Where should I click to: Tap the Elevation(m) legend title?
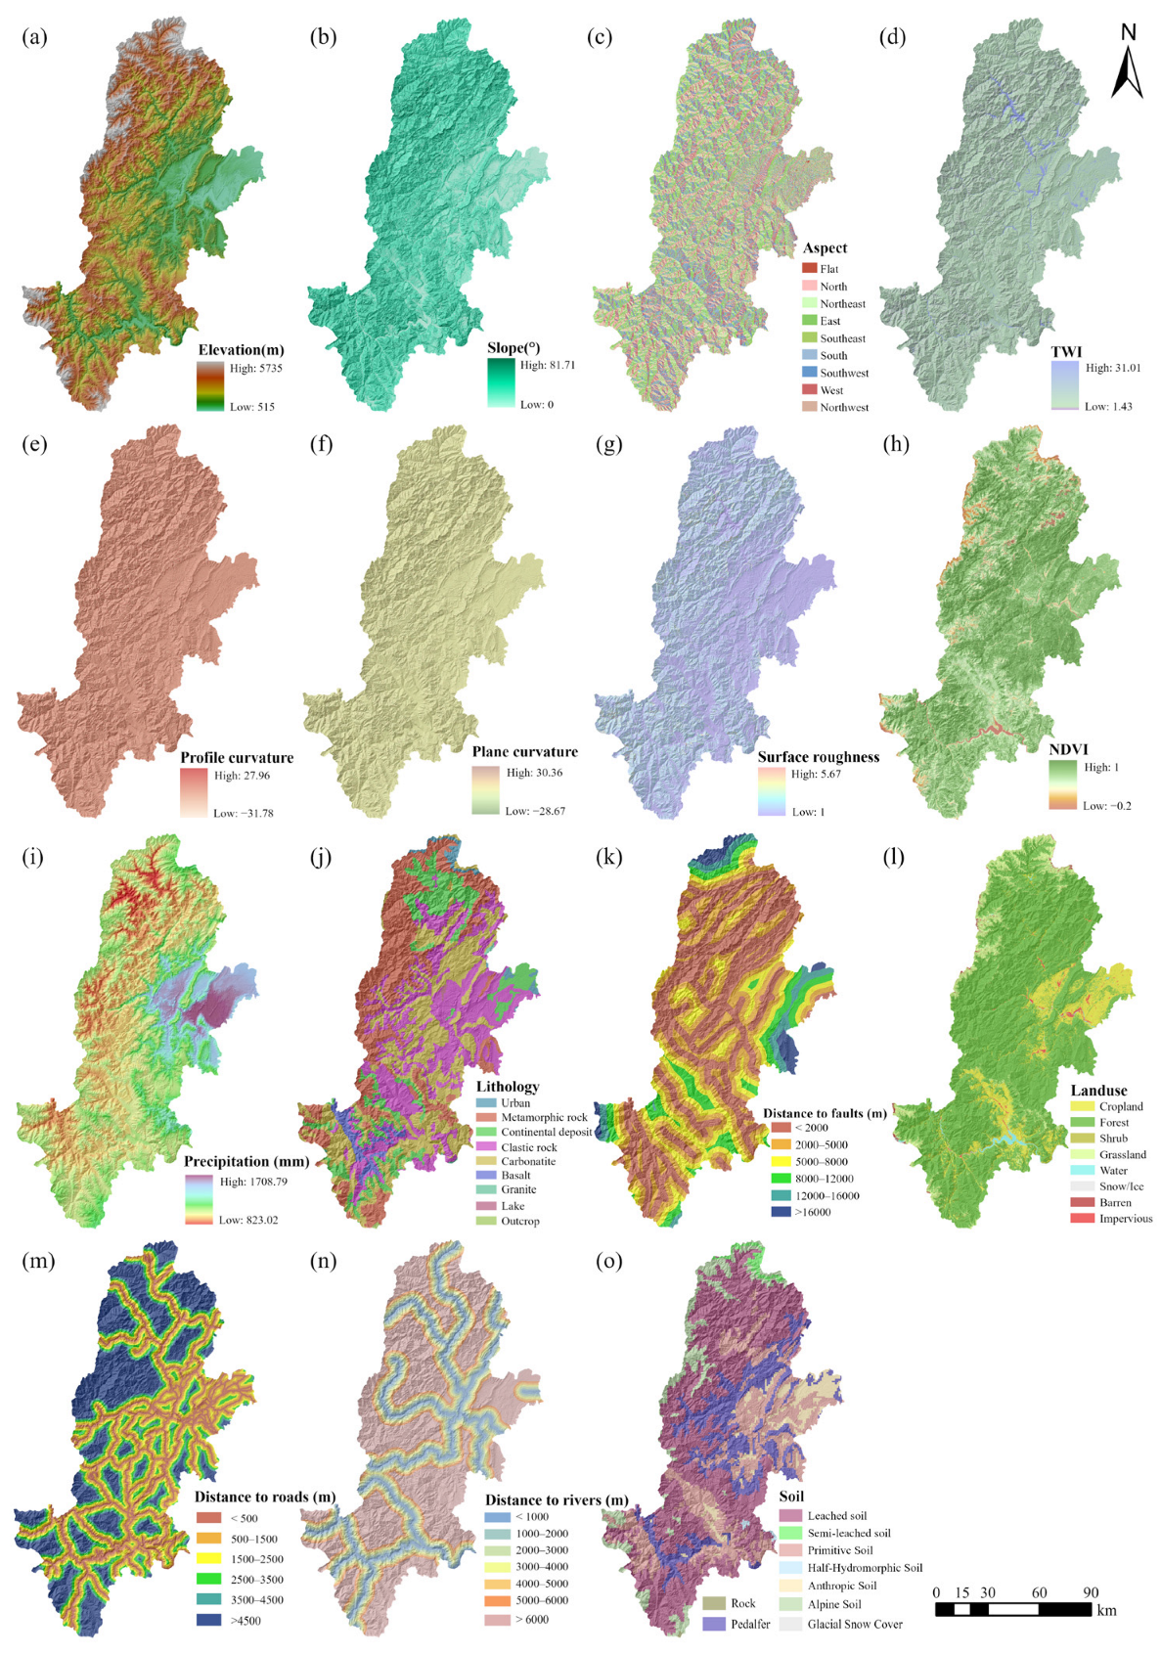click(241, 350)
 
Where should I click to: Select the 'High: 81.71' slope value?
click(548, 365)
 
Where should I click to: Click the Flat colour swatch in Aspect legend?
click(809, 268)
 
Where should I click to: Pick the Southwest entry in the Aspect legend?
click(844, 373)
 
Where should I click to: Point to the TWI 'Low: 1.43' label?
click(1108, 406)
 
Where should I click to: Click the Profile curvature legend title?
click(237, 757)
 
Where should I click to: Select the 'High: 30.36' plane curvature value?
click(534, 772)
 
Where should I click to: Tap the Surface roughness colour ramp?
click(772, 792)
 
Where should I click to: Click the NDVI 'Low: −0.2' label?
click(1106, 806)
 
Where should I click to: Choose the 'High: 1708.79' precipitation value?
click(253, 1182)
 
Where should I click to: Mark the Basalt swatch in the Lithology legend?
click(486, 1176)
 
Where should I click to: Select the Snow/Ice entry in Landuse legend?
click(1121, 1186)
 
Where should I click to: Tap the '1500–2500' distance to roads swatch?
click(209, 1559)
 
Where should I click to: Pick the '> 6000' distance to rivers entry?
click(532, 1619)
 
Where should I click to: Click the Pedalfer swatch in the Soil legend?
click(714, 1624)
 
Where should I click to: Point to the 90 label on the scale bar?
click(1091, 1592)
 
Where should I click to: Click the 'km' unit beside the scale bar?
click(1106, 1610)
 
